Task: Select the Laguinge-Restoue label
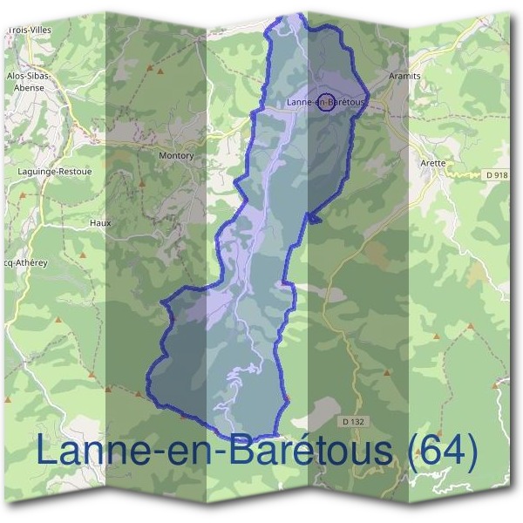point(54,172)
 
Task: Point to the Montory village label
point(176,156)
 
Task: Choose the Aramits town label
point(404,77)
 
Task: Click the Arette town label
point(432,163)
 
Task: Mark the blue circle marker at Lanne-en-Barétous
point(326,101)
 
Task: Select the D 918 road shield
point(495,175)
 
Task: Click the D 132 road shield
point(351,422)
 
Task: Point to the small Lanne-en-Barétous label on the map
point(324,103)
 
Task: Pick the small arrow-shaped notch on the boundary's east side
point(313,218)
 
